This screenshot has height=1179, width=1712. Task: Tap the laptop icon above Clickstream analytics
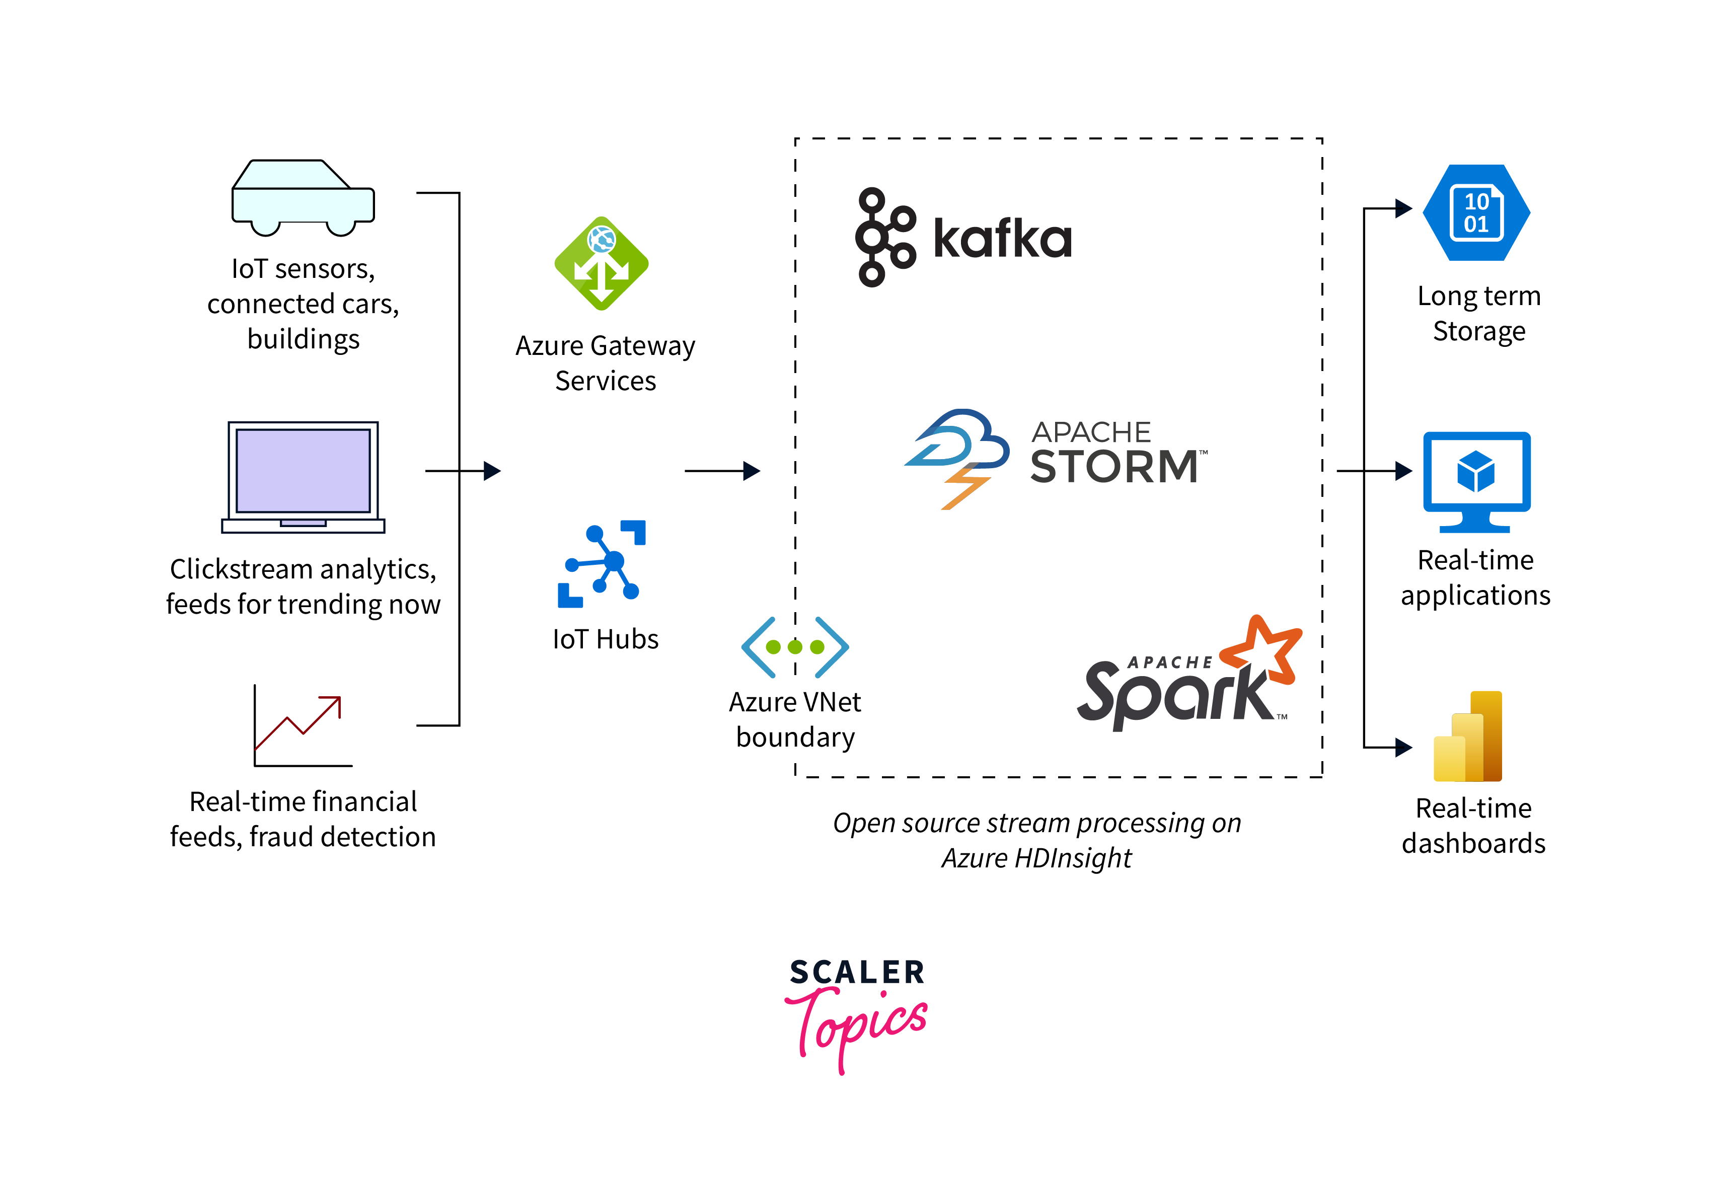pyautogui.click(x=303, y=476)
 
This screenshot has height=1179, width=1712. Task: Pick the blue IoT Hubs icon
pyautogui.click(x=601, y=564)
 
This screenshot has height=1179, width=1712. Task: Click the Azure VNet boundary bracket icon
pyautogui.click(x=795, y=647)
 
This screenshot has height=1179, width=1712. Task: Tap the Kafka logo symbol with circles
pyautogui.click(x=883, y=237)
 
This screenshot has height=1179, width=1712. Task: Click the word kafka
pyautogui.click(x=1002, y=239)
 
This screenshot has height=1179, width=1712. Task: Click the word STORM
pyautogui.click(x=1114, y=466)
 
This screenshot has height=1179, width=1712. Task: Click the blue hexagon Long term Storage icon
pyautogui.click(x=1475, y=213)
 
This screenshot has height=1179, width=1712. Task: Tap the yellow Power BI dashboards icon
pyautogui.click(x=1468, y=736)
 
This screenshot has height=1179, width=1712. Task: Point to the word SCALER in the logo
pyautogui.click(x=857, y=972)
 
